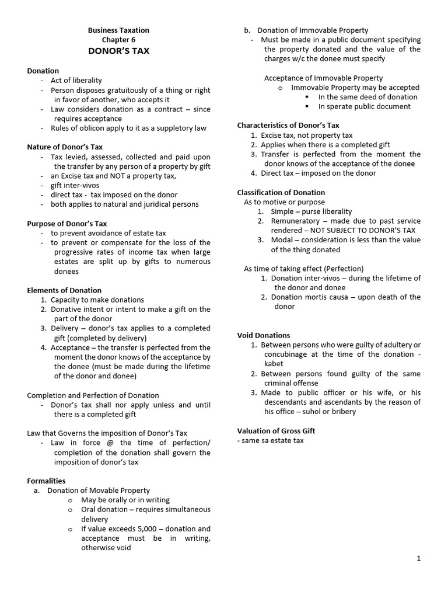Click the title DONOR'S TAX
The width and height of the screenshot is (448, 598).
118,51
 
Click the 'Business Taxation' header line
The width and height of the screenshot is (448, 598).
118,30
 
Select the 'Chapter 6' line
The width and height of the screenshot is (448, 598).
118,39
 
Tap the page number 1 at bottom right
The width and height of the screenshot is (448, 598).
418,558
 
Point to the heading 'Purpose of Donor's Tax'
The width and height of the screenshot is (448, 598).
67,223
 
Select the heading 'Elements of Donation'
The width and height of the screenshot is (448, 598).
64,290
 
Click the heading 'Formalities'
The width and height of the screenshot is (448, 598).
46,481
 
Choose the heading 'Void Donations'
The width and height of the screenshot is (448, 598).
263,335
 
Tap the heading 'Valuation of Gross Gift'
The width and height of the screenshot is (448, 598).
276,431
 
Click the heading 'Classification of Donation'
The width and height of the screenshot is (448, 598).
281,192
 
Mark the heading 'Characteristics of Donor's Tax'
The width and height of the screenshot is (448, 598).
288,125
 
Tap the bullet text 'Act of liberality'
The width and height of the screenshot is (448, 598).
76,80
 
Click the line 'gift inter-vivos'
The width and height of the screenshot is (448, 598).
75,185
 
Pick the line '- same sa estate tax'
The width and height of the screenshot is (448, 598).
270,440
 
